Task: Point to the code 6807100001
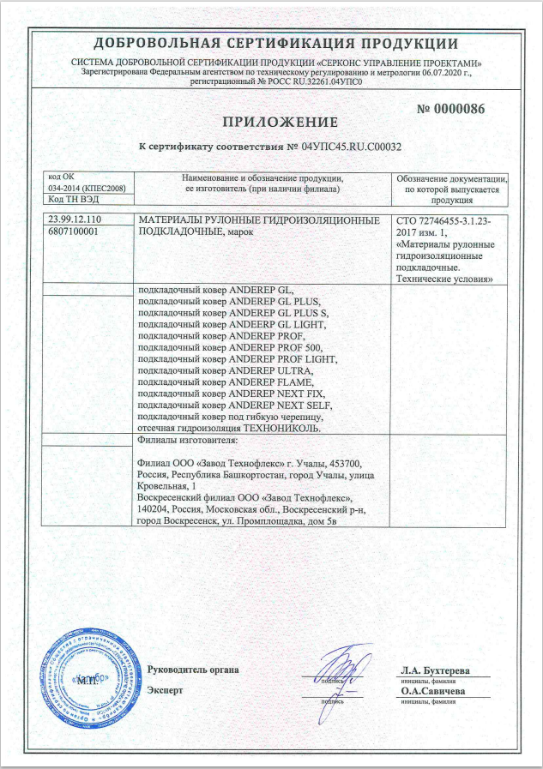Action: [x=75, y=231]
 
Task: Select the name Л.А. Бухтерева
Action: [x=435, y=670]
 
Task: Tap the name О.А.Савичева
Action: [x=432, y=690]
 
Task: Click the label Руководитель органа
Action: [x=193, y=670]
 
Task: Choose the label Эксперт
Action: [x=165, y=690]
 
